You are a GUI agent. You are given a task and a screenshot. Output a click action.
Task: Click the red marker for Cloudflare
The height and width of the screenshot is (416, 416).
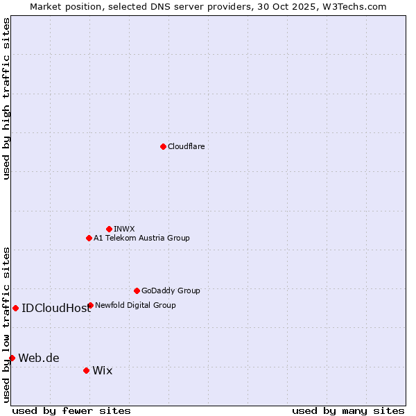pos(163,146)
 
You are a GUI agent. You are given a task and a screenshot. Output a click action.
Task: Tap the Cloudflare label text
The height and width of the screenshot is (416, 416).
pos(186,146)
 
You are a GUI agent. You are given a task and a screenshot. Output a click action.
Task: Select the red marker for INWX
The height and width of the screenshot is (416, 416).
pos(109,229)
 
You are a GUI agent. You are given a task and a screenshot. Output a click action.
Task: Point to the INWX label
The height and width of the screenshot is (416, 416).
pos(124,229)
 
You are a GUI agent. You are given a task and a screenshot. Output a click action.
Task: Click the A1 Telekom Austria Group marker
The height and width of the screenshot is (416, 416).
pos(89,238)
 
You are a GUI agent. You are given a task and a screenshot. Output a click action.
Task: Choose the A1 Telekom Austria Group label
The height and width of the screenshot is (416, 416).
pos(141,238)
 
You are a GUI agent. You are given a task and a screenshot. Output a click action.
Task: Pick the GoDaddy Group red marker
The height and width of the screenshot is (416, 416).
pos(137,291)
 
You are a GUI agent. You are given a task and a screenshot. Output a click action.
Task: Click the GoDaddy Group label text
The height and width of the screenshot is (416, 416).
pos(171,291)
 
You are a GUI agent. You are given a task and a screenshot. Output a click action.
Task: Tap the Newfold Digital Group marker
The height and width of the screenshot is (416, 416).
pos(90,305)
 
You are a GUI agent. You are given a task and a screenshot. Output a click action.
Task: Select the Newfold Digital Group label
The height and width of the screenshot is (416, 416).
pos(135,305)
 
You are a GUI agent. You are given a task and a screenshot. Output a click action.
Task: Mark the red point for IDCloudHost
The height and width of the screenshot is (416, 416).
pos(15,308)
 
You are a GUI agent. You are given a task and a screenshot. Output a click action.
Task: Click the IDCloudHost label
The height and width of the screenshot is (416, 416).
pos(56,309)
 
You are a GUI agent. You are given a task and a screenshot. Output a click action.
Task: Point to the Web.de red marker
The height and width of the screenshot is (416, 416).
pos(12,358)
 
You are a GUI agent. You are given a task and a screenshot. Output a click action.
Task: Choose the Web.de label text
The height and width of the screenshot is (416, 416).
pos(39,358)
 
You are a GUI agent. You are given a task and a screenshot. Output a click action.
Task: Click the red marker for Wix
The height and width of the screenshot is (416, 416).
pos(86,370)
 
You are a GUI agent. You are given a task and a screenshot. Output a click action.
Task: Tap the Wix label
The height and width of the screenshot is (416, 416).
pos(102,371)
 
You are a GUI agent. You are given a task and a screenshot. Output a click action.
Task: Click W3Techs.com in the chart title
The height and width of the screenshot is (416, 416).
pos(357,6)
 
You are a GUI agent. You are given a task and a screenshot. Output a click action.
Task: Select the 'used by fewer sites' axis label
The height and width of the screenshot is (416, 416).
pos(71,410)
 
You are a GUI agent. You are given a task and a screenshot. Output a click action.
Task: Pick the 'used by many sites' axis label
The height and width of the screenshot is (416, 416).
pos(347,410)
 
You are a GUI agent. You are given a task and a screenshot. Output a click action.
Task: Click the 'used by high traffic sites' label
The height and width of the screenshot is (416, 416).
pos(6,99)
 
